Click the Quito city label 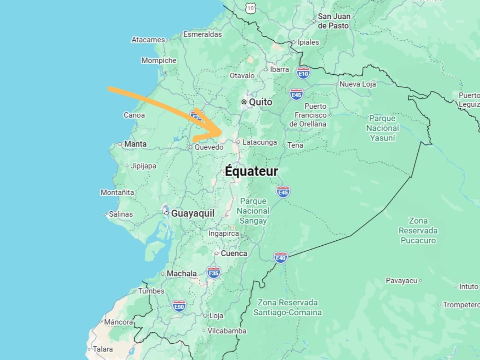click(261, 102)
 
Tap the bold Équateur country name click(252, 171)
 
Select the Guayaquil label click(193, 213)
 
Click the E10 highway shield click(303, 73)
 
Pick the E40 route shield click(280, 258)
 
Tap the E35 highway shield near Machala click(213, 273)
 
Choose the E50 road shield click(179, 306)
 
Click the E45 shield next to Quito click(296, 95)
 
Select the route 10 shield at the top click(251, 8)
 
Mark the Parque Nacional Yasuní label click(382, 128)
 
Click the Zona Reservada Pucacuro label click(418, 231)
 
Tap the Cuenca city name click(234, 253)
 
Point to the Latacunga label click(259, 142)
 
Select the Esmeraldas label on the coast click(202, 34)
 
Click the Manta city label click(135, 144)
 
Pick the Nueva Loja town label click(358, 84)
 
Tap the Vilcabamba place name click(227, 331)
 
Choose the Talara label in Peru click(103, 349)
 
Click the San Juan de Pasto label click(333, 21)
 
